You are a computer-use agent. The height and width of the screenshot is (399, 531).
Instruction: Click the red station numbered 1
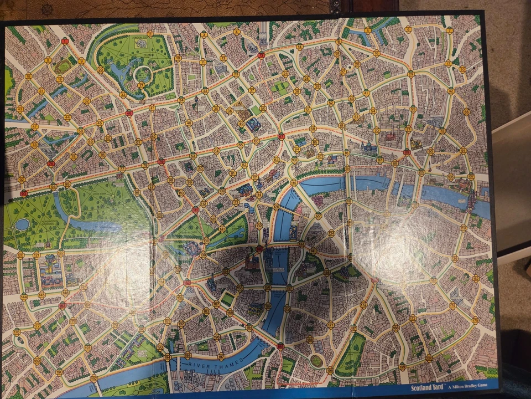65,40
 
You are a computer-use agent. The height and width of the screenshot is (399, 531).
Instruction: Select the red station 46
129,113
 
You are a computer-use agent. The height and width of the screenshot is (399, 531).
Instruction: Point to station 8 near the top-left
48,60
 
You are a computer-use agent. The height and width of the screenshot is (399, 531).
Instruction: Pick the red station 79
161,161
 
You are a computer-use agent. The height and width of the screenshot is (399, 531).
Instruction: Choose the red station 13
261,54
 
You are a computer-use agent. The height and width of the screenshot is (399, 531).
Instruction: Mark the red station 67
282,136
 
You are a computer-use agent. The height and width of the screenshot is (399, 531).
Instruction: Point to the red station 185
280,346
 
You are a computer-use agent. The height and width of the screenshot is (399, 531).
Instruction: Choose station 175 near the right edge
475,320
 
